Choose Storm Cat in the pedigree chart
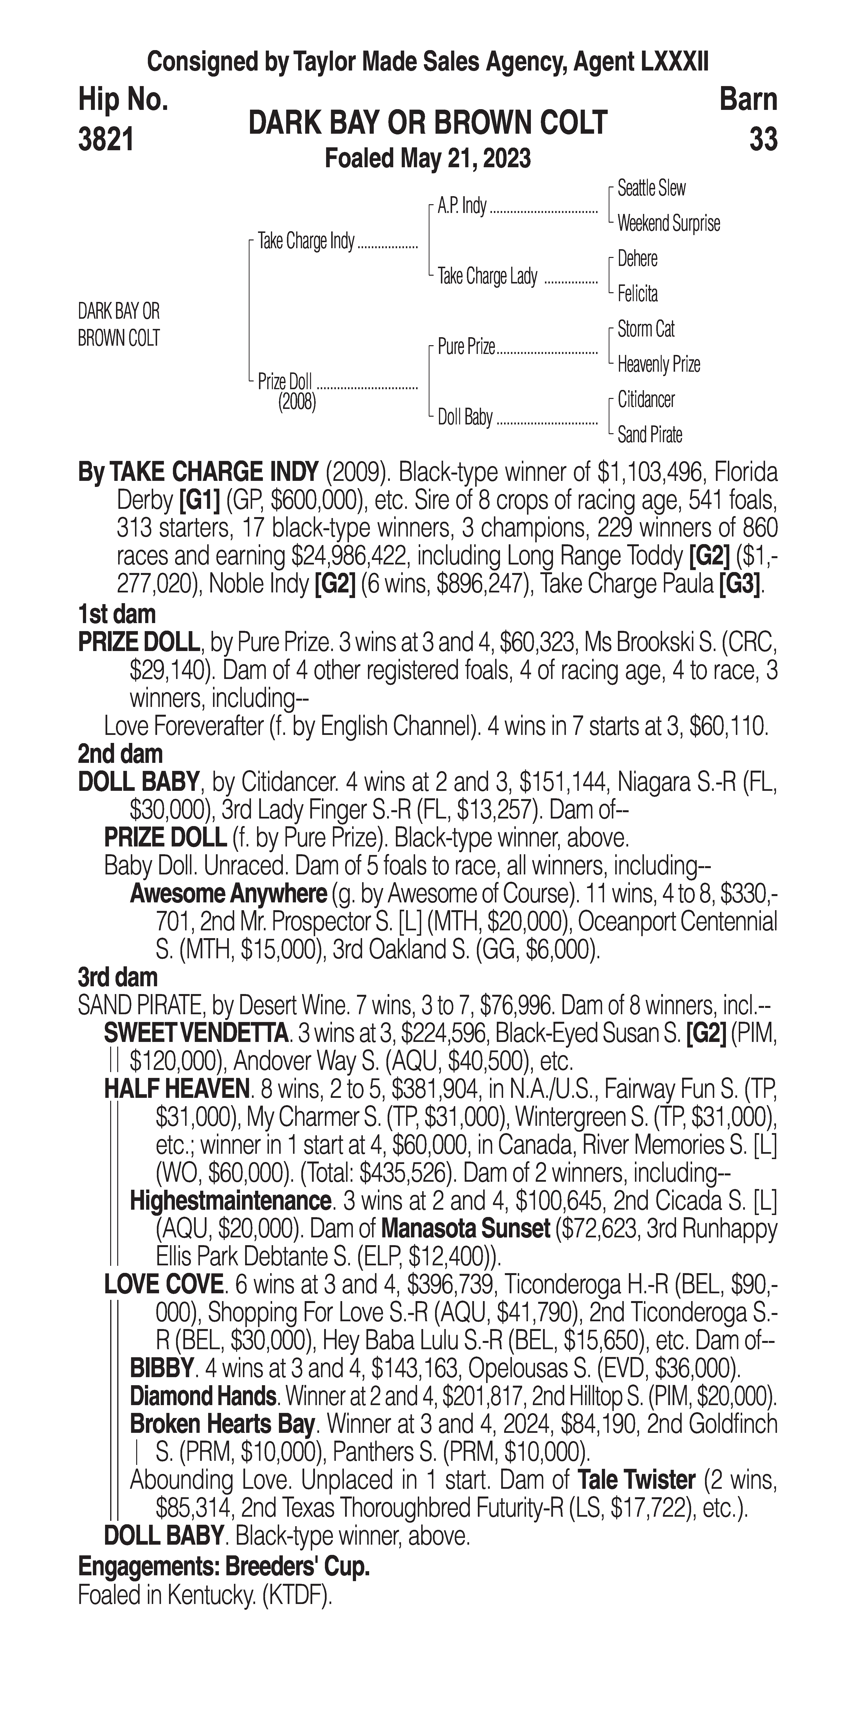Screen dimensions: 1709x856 coord(646,329)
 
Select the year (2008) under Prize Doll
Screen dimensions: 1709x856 coord(297,402)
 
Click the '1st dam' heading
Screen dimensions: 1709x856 coord(117,614)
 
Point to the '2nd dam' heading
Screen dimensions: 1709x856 coord(120,754)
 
